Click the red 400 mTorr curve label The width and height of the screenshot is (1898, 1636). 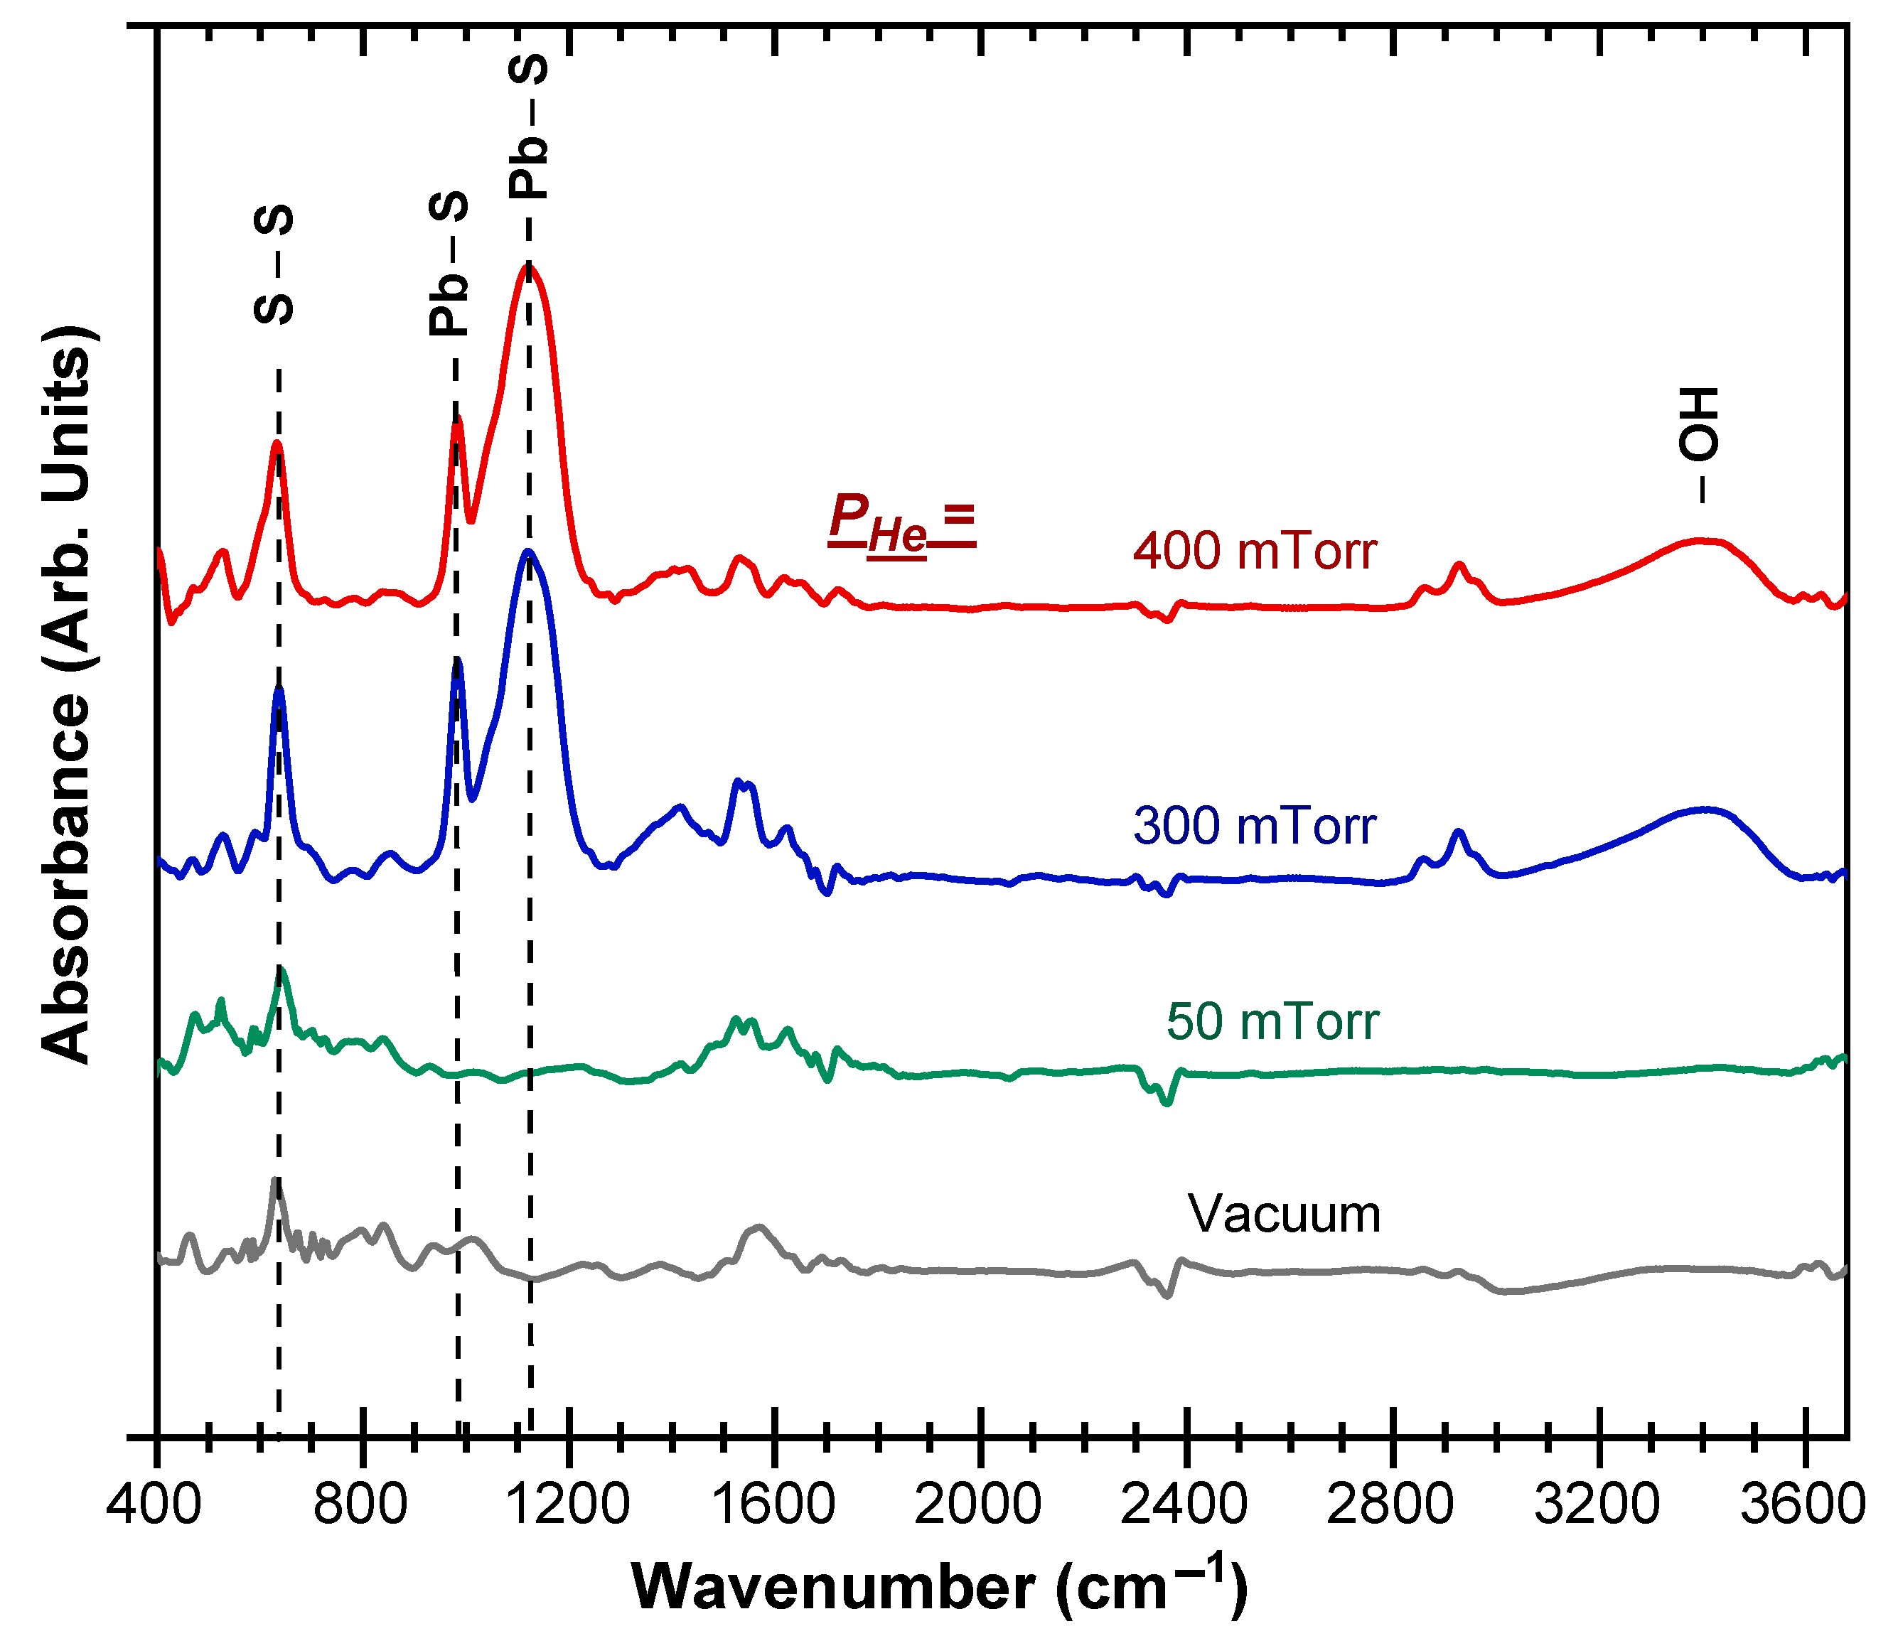tap(1255, 551)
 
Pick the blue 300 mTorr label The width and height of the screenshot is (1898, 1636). tap(1255, 827)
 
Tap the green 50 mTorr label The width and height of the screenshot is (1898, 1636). tap(1272, 1021)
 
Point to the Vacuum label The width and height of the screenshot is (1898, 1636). tap(1285, 1215)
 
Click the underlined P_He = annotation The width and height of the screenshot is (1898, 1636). tap(901, 523)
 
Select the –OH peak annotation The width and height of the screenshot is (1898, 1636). tap(1698, 444)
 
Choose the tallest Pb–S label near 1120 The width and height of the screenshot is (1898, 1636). tap(529, 127)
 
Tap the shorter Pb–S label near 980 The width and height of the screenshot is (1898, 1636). tap(449, 264)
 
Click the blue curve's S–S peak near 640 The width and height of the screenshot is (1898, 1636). tap(279, 689)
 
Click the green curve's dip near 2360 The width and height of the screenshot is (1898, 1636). tap(1166, 1103)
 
